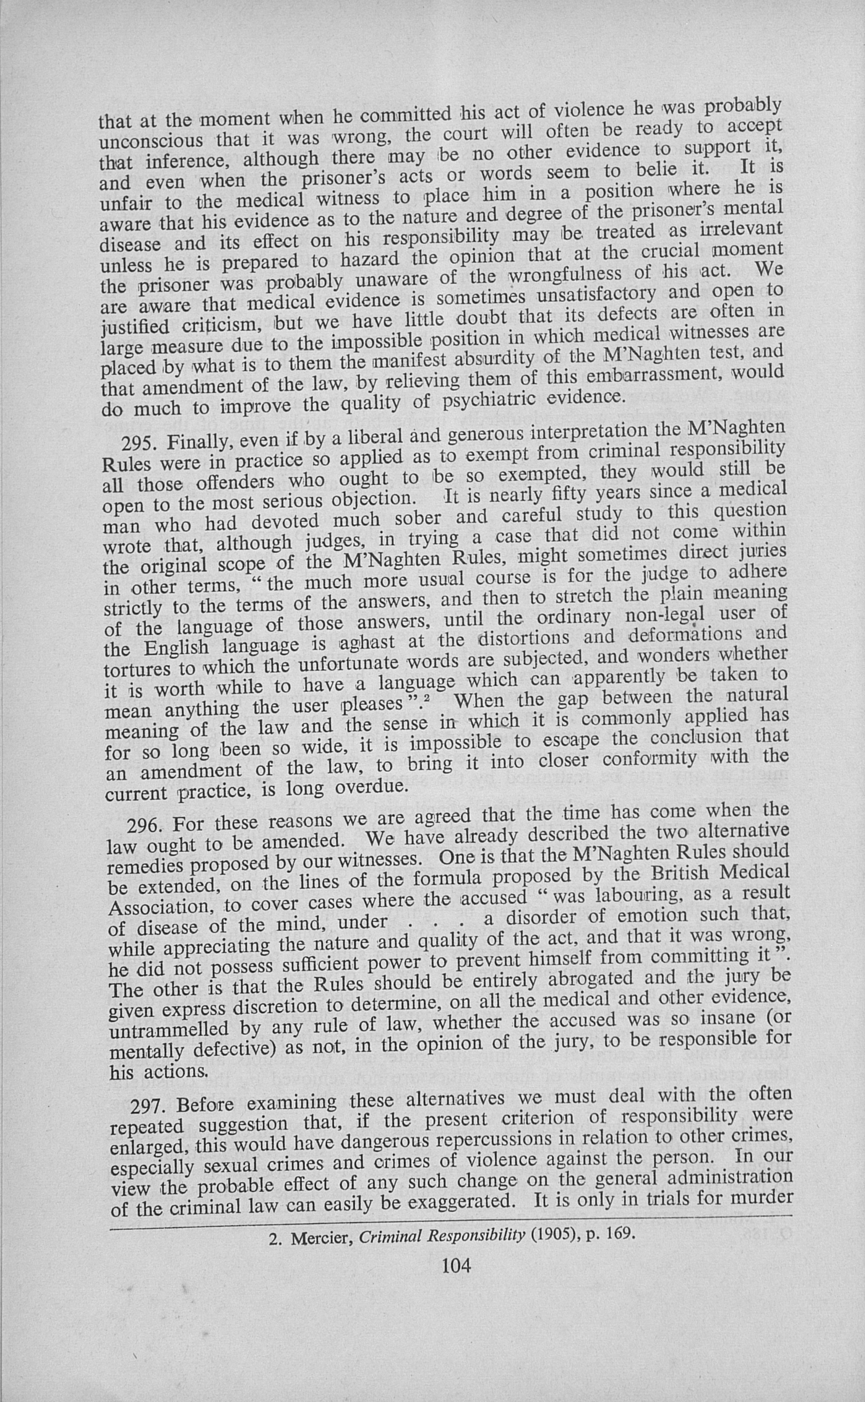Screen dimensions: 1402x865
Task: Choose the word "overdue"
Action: (x=371, y=788)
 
